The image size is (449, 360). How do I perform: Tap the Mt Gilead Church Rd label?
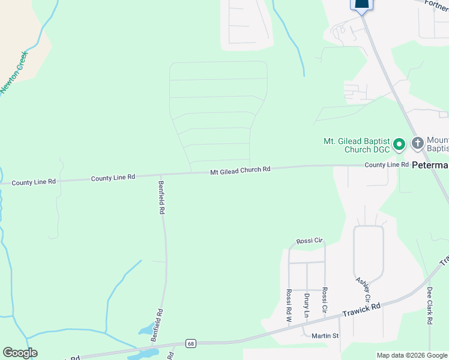tap(240, 170)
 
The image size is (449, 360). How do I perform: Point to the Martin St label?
tap(325, 335)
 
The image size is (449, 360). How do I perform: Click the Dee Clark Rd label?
tap(430, 306)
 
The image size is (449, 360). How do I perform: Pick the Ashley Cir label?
tap(363, 289)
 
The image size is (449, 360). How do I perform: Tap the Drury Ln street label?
tap(306, 305)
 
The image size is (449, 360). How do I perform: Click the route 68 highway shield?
tap(190, 343)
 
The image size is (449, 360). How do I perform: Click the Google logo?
tap(20, 353)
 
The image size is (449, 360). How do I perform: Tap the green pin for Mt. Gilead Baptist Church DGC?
tap(400, 145)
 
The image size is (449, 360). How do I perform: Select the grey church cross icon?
tap(418, 143)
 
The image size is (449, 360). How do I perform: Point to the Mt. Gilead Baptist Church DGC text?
tap(357, 145)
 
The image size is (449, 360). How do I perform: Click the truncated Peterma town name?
tap(430, 164)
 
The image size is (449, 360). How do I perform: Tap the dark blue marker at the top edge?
tap(361, 5)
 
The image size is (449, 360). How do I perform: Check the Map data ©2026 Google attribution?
tap(412, 355)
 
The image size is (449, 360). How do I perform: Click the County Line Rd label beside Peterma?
tap(387, 164)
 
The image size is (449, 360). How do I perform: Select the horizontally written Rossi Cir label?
tap(310, 241)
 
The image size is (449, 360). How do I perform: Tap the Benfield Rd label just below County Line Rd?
tap(161, 197)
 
